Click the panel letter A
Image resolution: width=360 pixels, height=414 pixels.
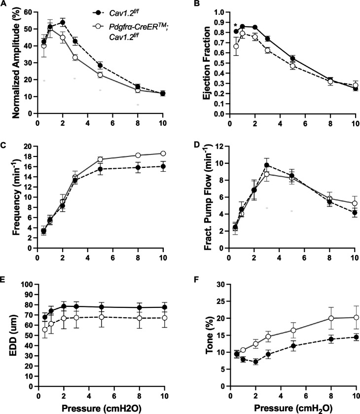(x=4, y=5)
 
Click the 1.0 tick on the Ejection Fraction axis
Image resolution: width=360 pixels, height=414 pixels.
(x=217, y=12)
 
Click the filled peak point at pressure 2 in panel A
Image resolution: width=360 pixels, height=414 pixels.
(x=63, y=22)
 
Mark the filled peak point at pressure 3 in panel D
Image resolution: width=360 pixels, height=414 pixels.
(x=267, y=165)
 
